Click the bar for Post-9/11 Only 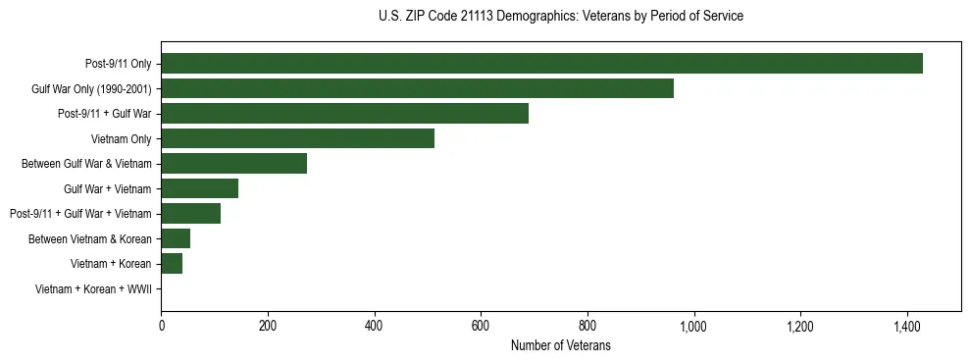click(541, 64)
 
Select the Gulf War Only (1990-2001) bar click(417, 88)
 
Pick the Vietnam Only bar click(297, 138)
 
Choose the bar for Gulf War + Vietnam click(199, 188)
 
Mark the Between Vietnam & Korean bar click(176, 238)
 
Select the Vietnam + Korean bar click(172, 264)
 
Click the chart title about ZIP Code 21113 click(560, 17)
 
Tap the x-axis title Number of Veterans click(560, 345)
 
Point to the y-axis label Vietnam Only click(121, 138)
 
